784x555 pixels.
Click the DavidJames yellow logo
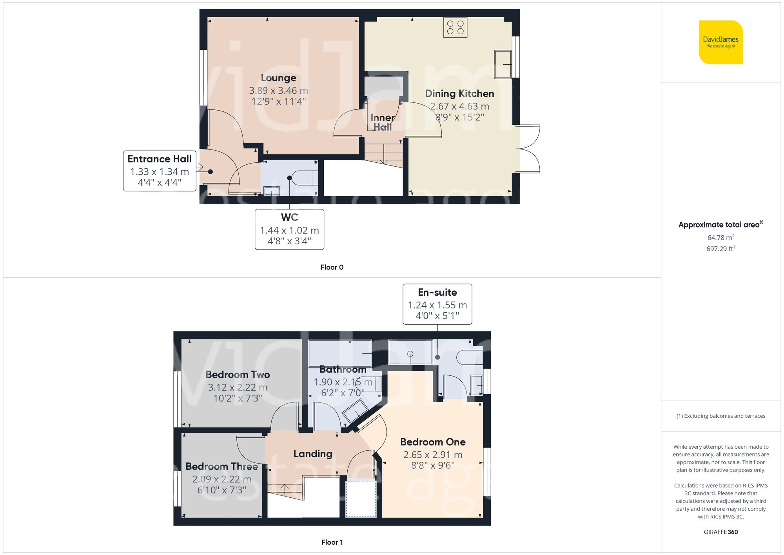tap(720, 42)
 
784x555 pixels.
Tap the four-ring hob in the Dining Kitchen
tap(455, 27)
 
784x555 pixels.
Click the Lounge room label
tap(278, 78)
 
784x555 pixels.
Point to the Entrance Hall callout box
tap(160, 171)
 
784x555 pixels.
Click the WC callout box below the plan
tap(289, 229)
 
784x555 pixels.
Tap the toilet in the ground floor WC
tap(306, 178)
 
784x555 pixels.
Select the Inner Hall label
tap(383, 122)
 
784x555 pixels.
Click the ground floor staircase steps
tap(383, 154)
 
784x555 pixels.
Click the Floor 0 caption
tap(332, 267)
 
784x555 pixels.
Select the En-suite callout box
tap(437, 304)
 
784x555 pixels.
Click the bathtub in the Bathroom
tap(340, 353)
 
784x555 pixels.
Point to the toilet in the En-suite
tap(470, 357)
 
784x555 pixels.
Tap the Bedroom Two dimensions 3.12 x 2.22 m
tap(237, 388)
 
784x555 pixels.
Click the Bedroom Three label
tap(221, 466)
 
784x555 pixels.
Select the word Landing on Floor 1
tap(313, 454)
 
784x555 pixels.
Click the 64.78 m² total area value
tap(720, 238)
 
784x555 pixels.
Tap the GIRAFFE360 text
tap(720, 532)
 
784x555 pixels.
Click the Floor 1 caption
tap(332, 542)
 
